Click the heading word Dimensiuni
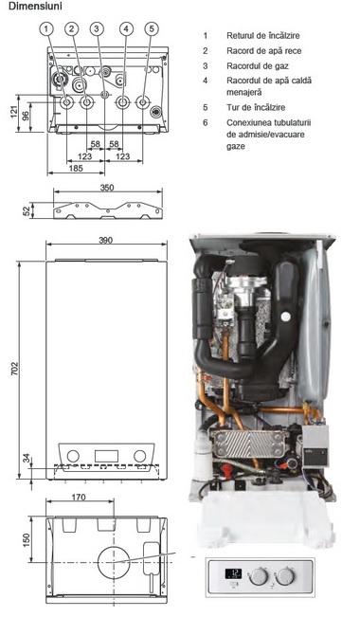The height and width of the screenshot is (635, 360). pos(35,7)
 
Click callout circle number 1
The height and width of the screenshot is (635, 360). pos(46,28)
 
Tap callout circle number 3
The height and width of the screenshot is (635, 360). pos(97,28)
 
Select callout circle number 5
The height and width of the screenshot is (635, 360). pos(152,28)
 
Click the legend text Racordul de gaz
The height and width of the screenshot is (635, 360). pos(258,65)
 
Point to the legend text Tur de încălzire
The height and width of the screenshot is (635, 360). pos(256,107)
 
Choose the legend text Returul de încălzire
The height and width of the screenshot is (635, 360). pos(262,36)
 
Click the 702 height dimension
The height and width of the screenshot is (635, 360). pos(14,370)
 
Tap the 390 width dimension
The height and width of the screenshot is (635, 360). pos(105,240)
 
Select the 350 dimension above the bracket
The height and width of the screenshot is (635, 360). pos(107,188)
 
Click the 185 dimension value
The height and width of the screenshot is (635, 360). pos(76,168)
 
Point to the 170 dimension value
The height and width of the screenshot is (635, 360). pos(79,497)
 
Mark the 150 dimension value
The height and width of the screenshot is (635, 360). pos(26,540)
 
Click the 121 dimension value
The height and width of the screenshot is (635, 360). pos(14,112)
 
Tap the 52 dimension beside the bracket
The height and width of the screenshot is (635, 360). pos(27,211)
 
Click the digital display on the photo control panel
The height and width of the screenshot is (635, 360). pos(233,573)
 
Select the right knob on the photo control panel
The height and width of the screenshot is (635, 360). pos(285,576)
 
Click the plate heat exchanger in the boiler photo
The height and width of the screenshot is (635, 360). pos(249,444)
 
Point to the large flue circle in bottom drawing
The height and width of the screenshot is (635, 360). pos(114,562)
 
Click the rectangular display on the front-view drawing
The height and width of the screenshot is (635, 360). pos(106,456)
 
